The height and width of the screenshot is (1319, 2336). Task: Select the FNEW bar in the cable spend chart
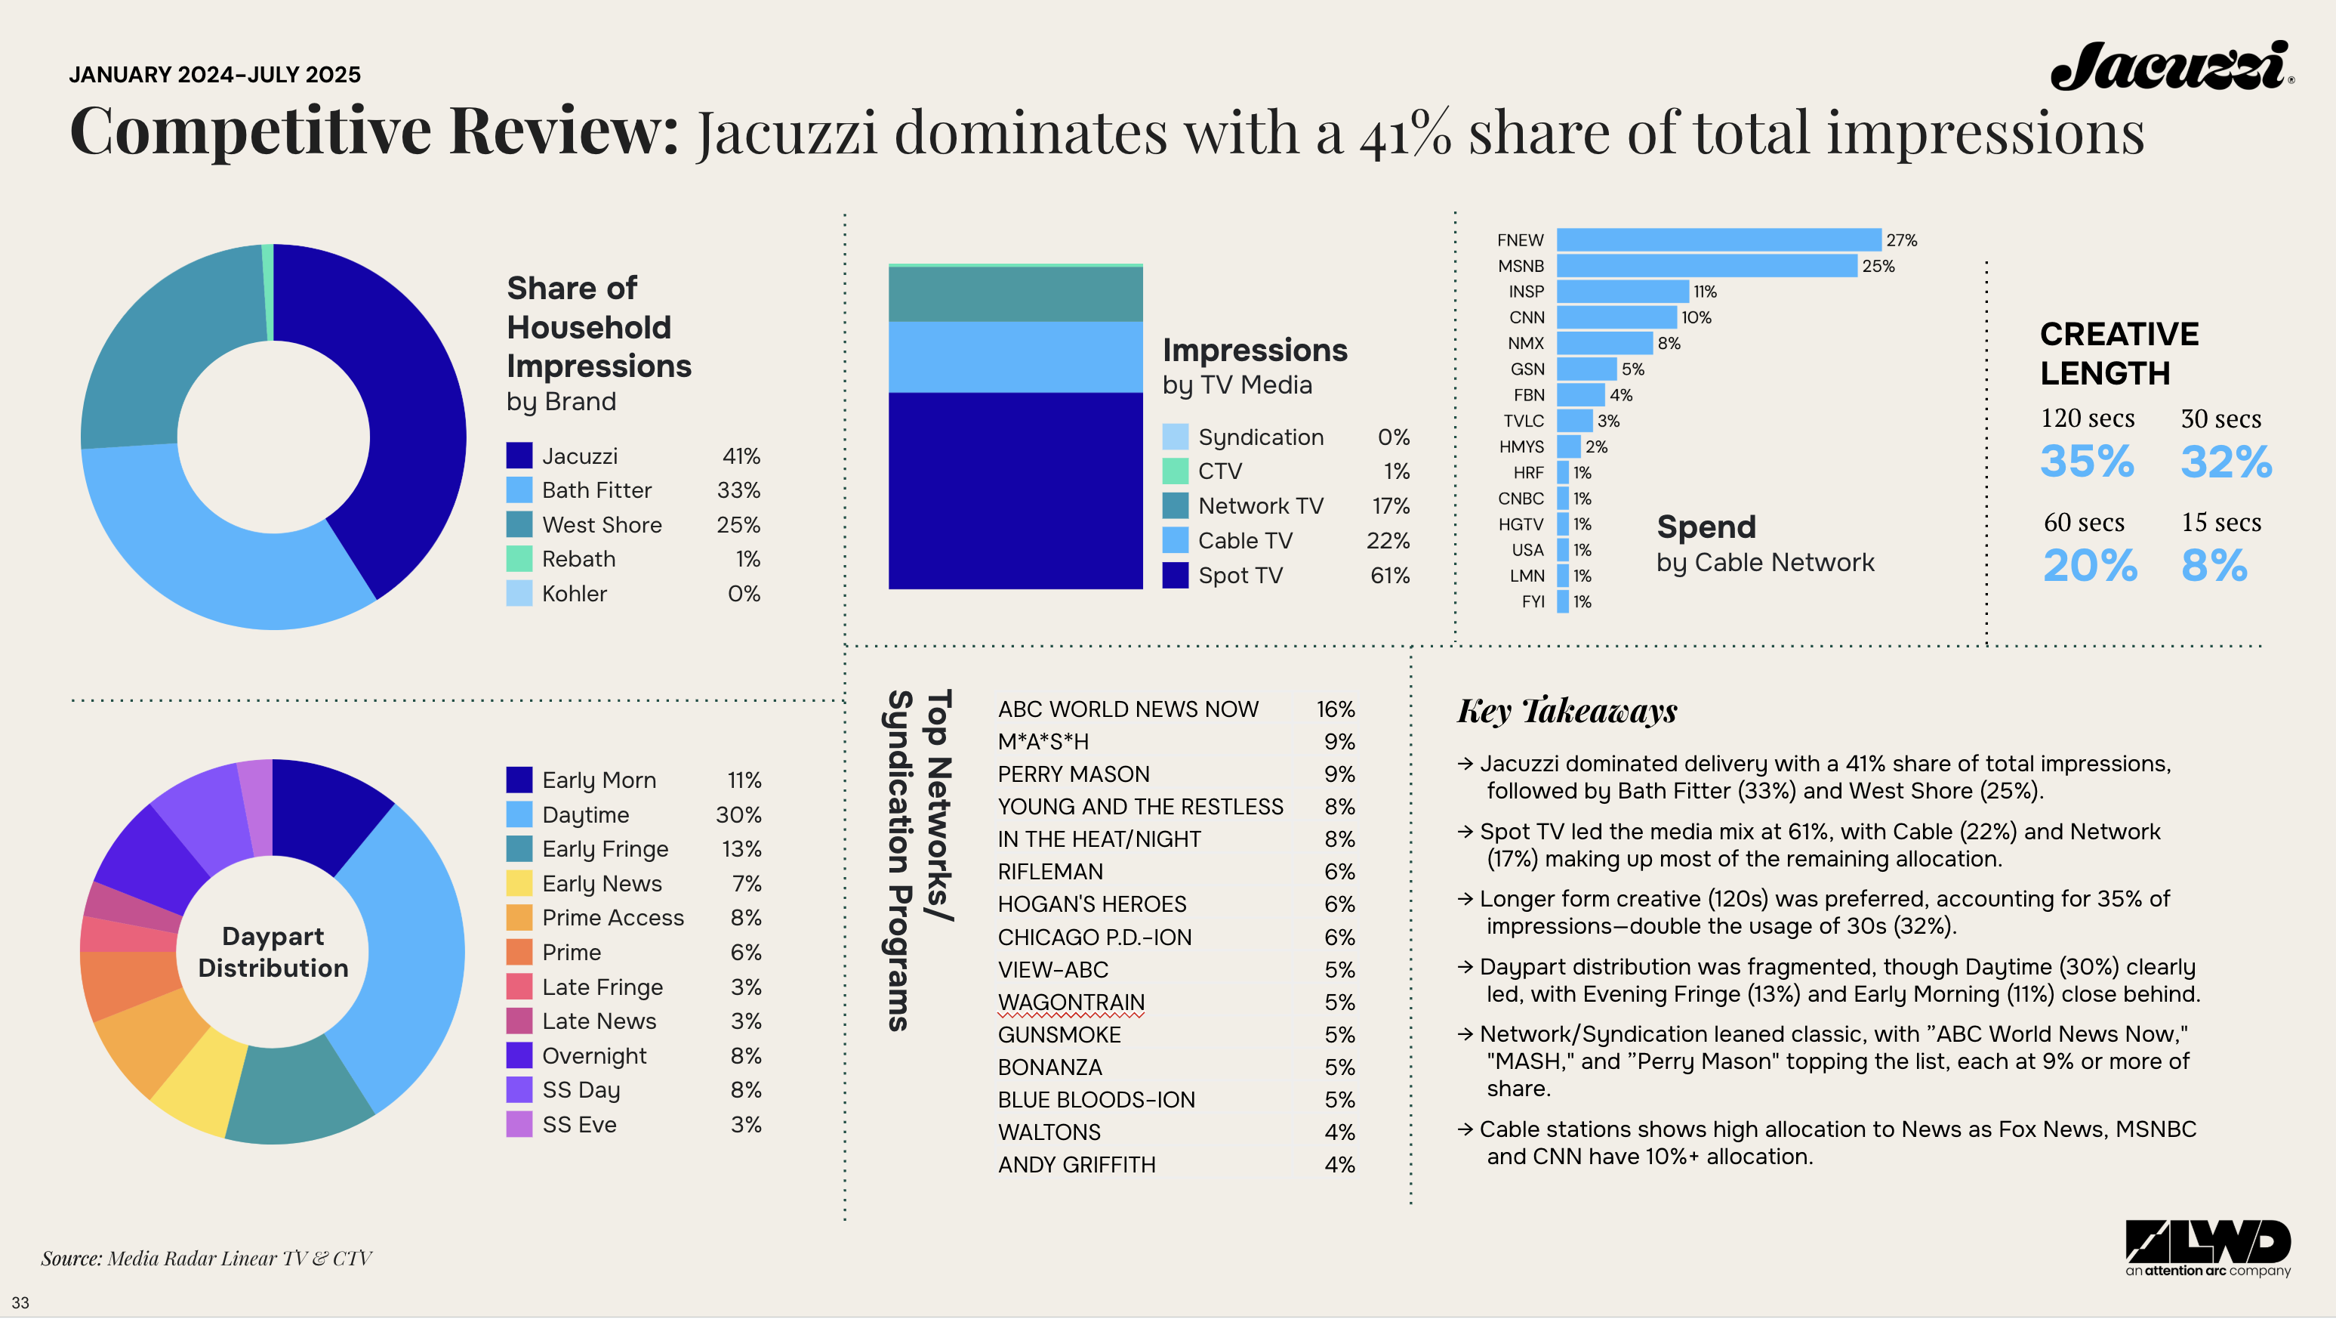coord(1718,239)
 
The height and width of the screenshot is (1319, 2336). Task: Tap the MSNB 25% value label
coord(1877,266)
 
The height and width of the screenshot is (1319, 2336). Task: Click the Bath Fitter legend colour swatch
coord(519,490)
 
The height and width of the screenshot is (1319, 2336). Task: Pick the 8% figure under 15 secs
coord(2214,565)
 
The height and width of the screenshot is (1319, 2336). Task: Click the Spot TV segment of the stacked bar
coord(1015,490)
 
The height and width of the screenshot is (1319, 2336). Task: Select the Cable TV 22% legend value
coord(1388,541)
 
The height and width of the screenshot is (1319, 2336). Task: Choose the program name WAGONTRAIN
coord(1070,1002)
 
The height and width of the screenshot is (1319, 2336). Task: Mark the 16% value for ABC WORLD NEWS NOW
coord(1335,709)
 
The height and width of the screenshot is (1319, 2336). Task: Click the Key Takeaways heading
coord(1566,710)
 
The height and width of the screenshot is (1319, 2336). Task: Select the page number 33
coord(20,1302)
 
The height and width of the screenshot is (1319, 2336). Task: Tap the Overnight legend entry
coord(594,1056)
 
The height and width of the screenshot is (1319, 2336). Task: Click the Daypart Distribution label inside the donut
coord(273,952)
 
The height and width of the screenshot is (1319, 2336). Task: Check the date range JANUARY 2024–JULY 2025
coord(215,74)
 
